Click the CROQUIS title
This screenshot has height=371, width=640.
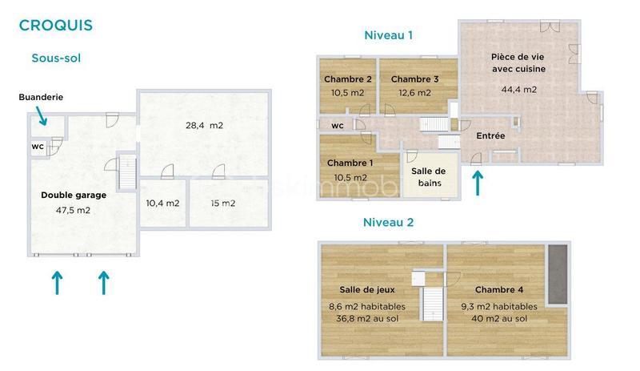click(x=55, y=25)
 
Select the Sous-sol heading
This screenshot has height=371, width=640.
click(x=56, y=58)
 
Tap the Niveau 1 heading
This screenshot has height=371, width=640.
click(x=388, y=35)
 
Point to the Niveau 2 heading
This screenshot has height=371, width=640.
click(x=388, y=222)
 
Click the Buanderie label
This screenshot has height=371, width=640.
click(x=41, y=97)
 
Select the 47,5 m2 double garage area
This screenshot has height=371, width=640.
click(x=66, y=211)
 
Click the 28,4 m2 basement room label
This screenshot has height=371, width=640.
click(x=204, y=126)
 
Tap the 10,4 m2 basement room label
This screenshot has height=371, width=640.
click(x=162, y=203)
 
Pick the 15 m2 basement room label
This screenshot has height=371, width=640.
click(x=223, y=203)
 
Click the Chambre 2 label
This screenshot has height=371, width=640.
click(x=347, y=79)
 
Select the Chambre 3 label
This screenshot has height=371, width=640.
click(x=414, y=79)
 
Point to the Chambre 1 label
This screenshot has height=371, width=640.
click(x=347, y=163)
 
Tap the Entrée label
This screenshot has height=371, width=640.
click(x=490, y=136)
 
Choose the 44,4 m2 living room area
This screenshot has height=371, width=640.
click(x=518, y=89)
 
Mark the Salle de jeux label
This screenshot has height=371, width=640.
click(x=366, y=289)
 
